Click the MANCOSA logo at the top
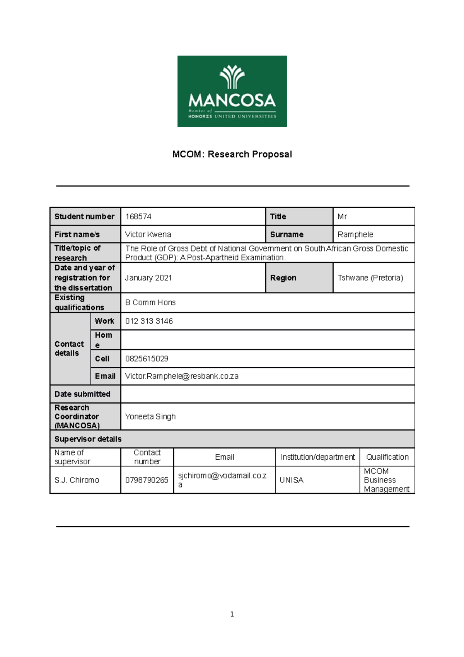pyautogui.click(x=232, y=91)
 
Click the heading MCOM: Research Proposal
pyautogui.click(x=232, y=154)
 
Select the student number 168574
pyautogui.click(x=138, y=217)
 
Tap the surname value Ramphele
pyautogui.click(x=355, y=234)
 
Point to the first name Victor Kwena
pyautogui.click(x=148, y=234)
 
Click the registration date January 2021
pyautogui.click(x=148, y=278)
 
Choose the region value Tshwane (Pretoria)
pyautogui.click(x=370, y=278)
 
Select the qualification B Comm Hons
pyautogui.click(x=150, y=303)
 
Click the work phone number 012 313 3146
pyautogui.click(x=149, y=321)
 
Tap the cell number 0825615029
pyautogui.click(x=147, y=359)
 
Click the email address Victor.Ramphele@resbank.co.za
pyautogui.click(x=182, y=376)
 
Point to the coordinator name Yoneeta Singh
pyautogui.click(x=150, y=417)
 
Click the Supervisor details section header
pyautogui.click(x=88, y=439)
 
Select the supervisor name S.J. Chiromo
pyautogui.click(x=77, y=480)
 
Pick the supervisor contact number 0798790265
pyautogui.click(x=147, y=480)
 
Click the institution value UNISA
pyautogui.click(x=292, y=480)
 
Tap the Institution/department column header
pyautogui.click(x=317, y=457)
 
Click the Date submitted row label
pyautogui.click(x=82, y=394)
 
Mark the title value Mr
pyautogui.click(x=342, y=217)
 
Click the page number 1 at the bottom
pyautogui.click(x=232, y=614)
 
